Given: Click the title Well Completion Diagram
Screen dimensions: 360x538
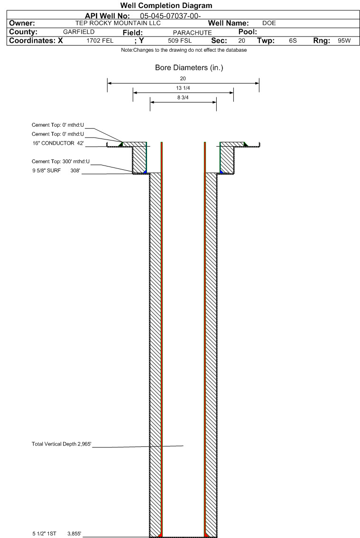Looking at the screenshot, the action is [166, 6].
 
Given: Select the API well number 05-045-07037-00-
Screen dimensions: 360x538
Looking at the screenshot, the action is [170, 16].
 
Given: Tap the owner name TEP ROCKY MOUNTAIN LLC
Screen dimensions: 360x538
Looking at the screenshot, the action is [118, 23].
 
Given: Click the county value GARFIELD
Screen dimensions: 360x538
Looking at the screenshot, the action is [79, 32].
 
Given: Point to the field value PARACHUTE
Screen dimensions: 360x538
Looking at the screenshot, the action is [192, 33].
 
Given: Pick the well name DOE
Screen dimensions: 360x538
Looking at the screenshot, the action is [269, 23].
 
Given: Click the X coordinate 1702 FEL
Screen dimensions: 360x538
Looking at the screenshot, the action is [100, 40].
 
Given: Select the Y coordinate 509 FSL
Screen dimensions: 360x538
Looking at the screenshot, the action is [180, 40].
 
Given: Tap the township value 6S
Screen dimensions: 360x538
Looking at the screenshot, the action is [293, 40].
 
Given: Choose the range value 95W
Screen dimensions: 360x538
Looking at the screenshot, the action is [344, 40].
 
